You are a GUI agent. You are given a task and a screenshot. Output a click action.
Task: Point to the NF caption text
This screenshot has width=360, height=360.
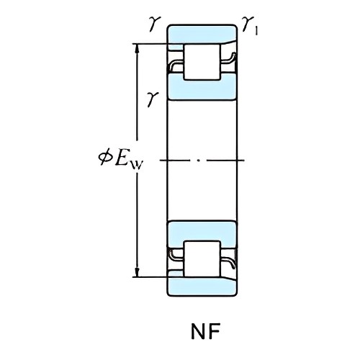point(202,333)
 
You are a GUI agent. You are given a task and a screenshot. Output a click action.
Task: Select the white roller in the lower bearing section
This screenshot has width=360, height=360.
point(202,258)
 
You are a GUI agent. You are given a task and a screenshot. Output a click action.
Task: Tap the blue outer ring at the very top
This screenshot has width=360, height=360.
point(202,34)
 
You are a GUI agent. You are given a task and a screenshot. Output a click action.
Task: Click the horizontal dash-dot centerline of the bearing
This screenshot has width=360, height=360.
point(202,160)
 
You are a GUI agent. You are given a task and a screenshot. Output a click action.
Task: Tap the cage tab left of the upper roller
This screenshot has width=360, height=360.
point(176,66)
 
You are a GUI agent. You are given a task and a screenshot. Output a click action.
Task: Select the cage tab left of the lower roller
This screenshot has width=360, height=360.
point(176,254)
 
